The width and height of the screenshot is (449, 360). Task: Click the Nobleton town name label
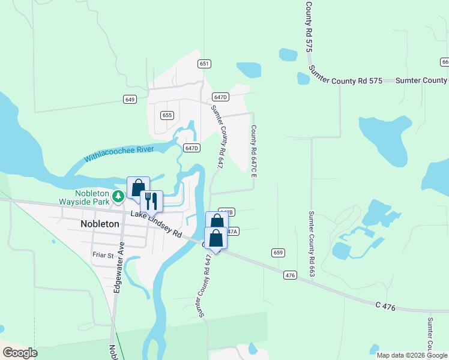[100, 224]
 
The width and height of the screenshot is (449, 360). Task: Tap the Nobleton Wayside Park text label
[92, 197]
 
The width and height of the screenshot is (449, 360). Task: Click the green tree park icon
[118, 196]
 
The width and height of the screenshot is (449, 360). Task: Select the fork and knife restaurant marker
[151, 201]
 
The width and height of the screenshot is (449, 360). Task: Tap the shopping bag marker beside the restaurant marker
[138, 187]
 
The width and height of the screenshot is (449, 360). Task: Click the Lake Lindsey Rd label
[156, 227]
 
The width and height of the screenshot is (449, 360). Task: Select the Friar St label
[103, 255]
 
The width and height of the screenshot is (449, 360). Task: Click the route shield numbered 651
[204, 64]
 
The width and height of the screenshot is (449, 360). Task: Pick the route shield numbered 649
[130, 99]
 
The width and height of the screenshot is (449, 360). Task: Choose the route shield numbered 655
[167, 115]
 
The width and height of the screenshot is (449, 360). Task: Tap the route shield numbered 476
[291, 275]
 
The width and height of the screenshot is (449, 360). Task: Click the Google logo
[20, 353]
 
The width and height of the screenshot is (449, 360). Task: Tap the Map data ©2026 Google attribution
[412, 355]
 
